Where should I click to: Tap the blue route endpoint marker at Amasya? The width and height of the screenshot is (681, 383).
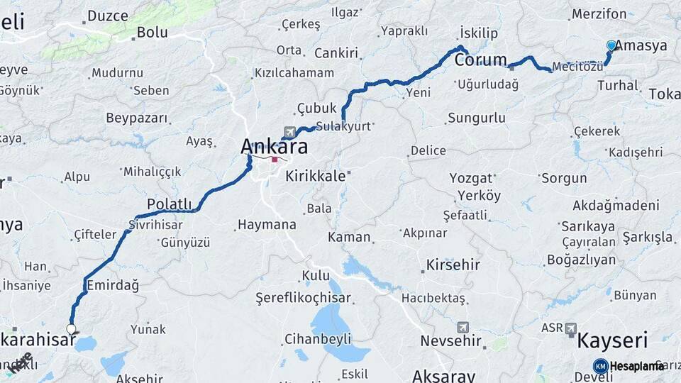(x=611, y=45)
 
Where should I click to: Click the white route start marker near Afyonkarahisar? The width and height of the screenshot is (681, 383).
(x=71, y=328)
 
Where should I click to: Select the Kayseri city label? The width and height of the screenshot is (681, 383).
(x=612, y=340)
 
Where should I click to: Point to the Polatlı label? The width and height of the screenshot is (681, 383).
(x=170, y=204)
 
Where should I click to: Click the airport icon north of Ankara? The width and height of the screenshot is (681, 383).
(x=289, y=132)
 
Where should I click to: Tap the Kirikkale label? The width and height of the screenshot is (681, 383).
(x=315, y=176)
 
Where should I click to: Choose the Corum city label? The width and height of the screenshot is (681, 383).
(x=480, y=60)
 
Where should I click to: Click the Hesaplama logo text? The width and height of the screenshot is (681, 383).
(x=636, y=366)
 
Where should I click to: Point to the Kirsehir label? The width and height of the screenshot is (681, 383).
(x=453, y=265)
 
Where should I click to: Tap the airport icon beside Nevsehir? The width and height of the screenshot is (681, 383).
(x=463, y=328)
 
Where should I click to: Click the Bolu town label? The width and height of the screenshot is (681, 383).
(x=152, y=32)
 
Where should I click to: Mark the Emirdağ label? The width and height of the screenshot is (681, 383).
(x=111, y=284)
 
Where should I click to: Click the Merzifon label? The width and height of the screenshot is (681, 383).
(x=599, y=14)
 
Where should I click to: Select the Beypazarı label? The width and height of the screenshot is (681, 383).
(x=137, y=118)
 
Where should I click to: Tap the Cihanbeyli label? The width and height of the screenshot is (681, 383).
(x=318, y=338)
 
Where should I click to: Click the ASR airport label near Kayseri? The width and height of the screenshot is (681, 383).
(x=552, y=328)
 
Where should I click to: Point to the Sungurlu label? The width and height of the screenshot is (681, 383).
(x=476, y=118)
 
